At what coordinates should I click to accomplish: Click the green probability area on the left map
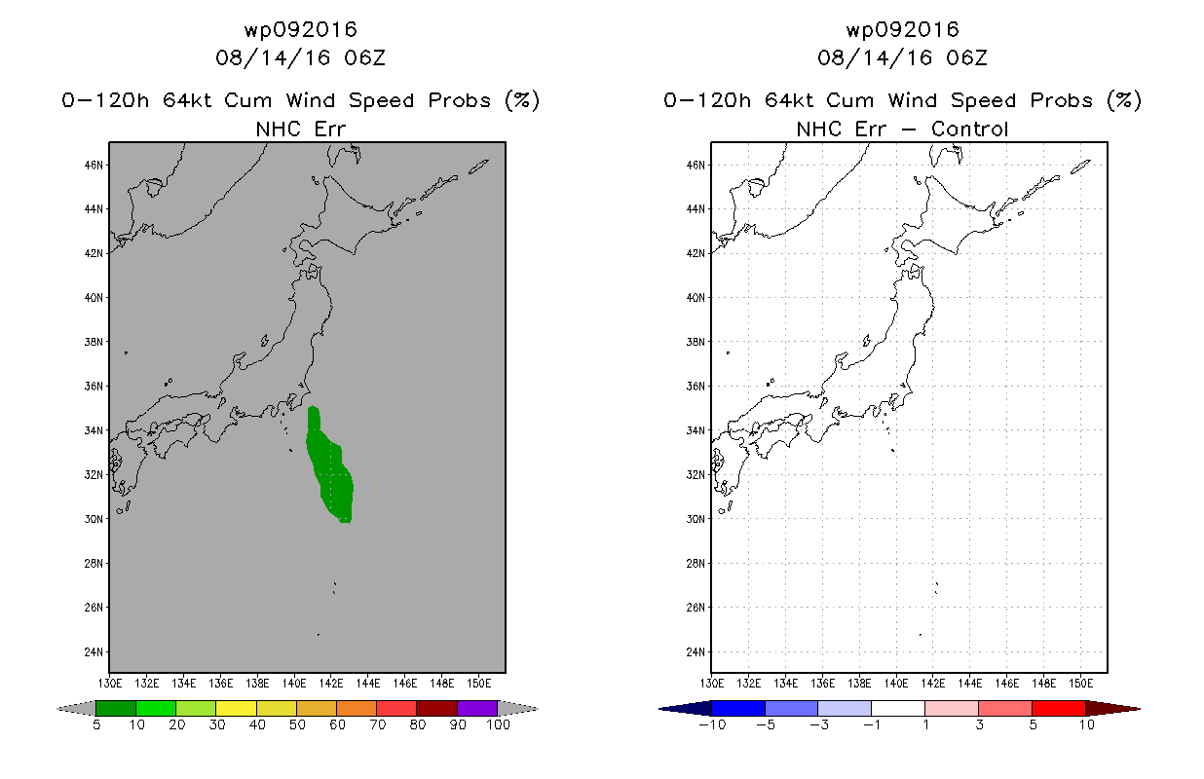(x=329, y=467)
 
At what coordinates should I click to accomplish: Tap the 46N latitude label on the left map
(x=94, y=166)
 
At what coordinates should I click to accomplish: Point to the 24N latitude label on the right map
(x=696, y=651)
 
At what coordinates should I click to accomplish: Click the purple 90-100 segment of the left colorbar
(x=477, y=708)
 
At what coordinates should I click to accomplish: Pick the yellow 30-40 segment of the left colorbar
(x=236, y=708)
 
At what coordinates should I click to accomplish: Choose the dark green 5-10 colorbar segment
(x=116, y=708)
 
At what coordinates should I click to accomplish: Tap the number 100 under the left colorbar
(x=497, y=724)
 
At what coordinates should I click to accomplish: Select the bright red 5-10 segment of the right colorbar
(x=1058, y=708)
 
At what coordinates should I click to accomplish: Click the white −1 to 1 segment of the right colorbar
(x=897, y=708)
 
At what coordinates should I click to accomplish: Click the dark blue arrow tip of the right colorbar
(x=678, y=708)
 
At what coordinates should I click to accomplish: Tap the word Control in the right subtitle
(x=970, y=129)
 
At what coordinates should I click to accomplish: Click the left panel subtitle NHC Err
(x=300, y=129)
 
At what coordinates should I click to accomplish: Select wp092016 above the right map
(x=902, y=29)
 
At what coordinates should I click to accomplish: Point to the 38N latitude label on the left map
(x=94, y=342)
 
